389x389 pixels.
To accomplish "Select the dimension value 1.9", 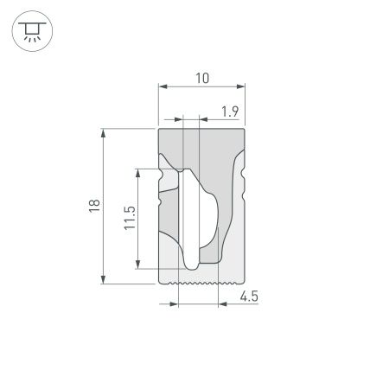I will tap(230, 112).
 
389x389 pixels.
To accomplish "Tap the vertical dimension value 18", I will tap(94, 205).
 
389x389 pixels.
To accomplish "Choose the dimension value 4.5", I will tap(249, 297).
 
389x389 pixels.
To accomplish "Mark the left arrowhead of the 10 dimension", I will tap(162, 86).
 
